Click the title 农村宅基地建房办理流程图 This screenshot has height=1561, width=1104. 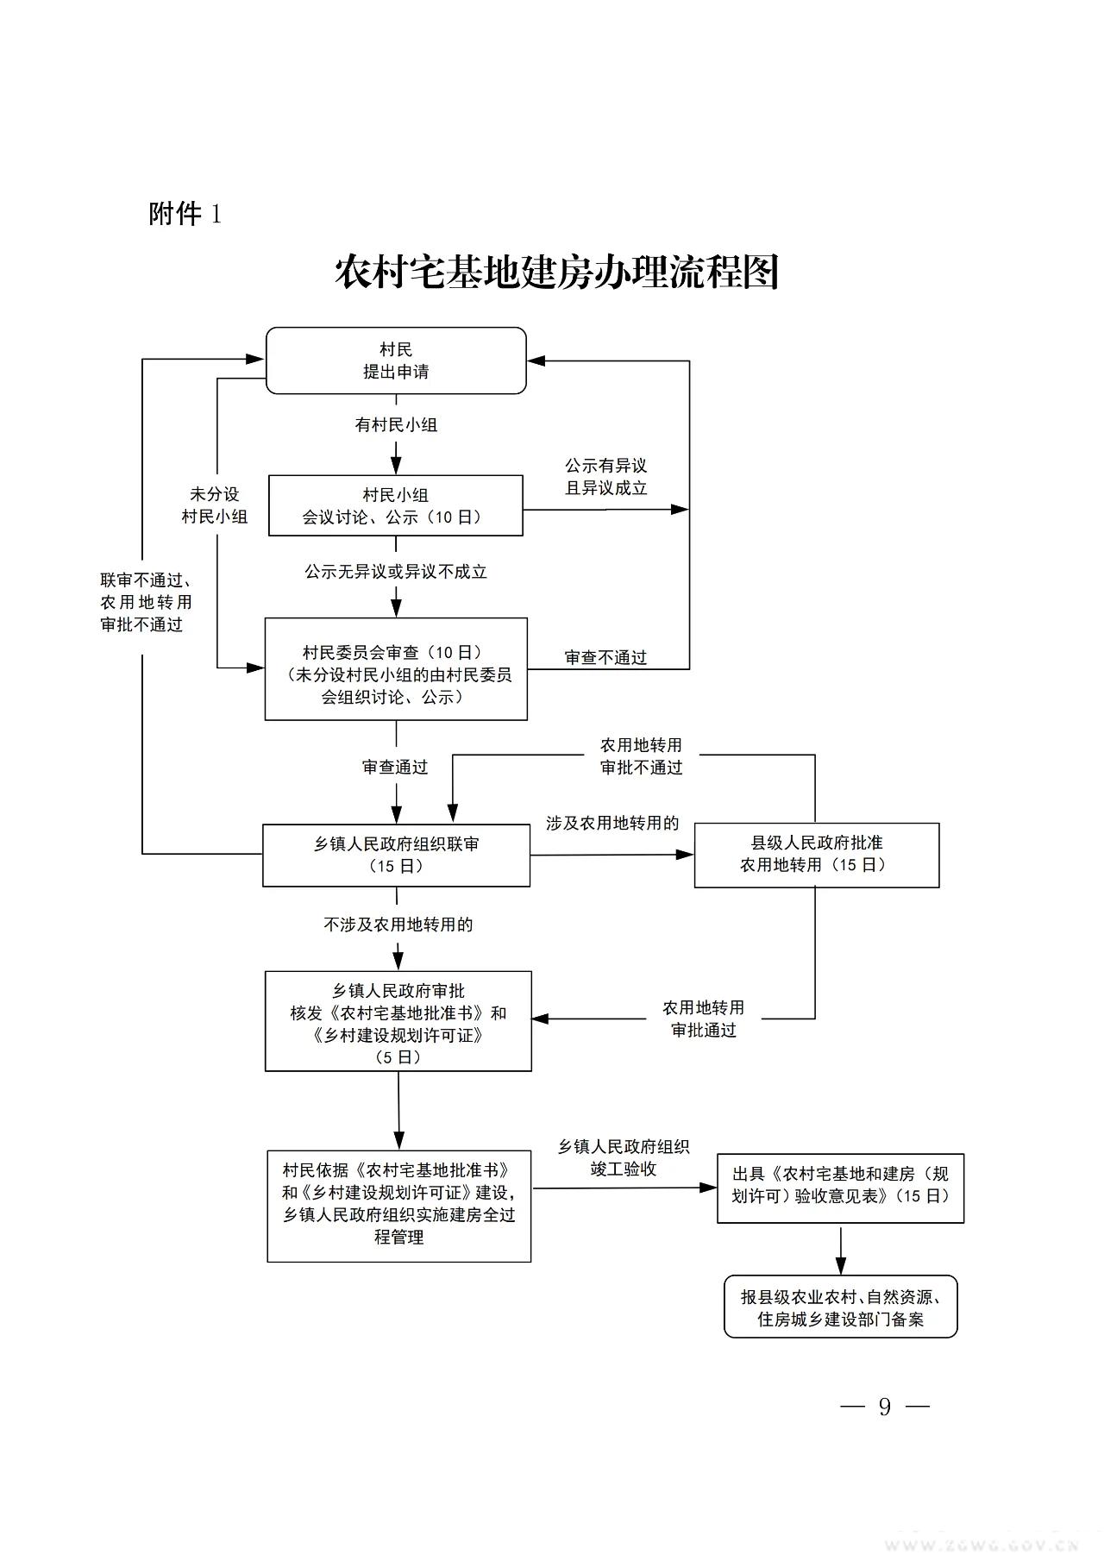click(556, 273)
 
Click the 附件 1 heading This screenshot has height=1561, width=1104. click(185, 213)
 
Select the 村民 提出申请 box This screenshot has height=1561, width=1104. click(396, 360)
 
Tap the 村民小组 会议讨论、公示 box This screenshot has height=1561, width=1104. click(395, 505)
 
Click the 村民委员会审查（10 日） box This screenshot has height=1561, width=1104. click(396, 668)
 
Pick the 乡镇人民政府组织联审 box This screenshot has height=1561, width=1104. click(396, 855)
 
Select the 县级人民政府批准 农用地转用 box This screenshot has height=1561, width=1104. click(816, 855)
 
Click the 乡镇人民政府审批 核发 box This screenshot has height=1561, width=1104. click(398, 1021)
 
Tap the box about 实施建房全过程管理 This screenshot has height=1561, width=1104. click(398, 1206)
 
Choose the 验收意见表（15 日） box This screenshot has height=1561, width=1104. click(840, 1187)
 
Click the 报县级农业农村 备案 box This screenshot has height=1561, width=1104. click(840, 1307)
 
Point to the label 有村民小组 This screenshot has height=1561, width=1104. click(396, 424)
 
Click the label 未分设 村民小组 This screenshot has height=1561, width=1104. click(215, 505)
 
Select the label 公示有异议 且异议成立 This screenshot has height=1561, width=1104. click(605, 476)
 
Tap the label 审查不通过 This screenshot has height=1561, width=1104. click(605, 657)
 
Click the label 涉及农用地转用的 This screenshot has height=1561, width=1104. click(612, 823)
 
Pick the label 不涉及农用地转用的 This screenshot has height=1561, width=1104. click(398, 925)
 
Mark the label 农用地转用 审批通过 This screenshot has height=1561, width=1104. click(703, 1019)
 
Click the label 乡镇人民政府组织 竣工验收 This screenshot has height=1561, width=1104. click(623, 1157)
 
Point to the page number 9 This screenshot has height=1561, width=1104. click(884, 1407)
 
